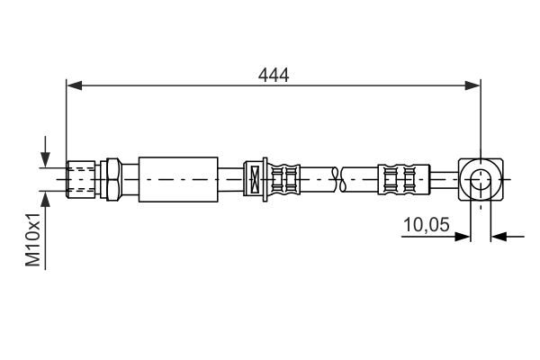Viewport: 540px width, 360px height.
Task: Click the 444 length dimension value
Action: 273,76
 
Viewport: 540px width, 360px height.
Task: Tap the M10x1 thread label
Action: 33,239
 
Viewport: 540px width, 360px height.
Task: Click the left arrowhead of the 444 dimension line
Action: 75,86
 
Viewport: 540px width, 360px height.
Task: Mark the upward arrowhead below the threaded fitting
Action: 45,197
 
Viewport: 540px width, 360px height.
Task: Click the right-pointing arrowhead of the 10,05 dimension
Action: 463,237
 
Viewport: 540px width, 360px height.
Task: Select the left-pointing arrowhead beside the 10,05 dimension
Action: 499,237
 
